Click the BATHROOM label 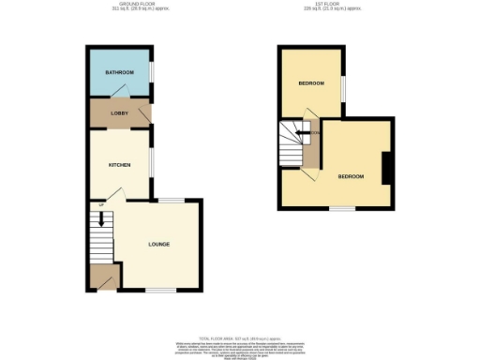pyautogui.click(x=119, y=73)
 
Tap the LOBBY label pyautogui.click(x=119, y=114)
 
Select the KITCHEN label pyautogui.click(x=119, y=165)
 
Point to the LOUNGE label pyautogui.click(x=158, y=245)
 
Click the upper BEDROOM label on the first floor pyautogui.click(x=311, y=83)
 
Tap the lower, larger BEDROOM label pyautogui.click(x=351, y=176)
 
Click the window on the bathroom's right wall pyautogui.click(x=152, y=73)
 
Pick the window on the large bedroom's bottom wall pyautogui.click(x=341, y=209)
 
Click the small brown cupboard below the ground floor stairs pyautogui.click(x=104, y=277)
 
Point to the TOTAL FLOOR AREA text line pyautogui.click(x=238, y=338)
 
